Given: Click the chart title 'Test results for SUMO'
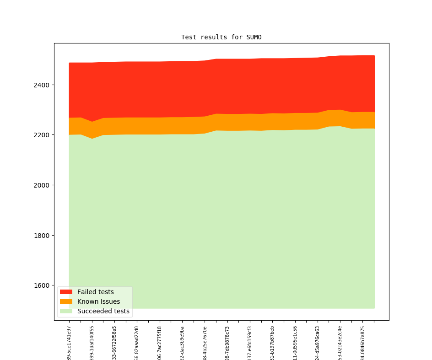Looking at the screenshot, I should click(221, 37).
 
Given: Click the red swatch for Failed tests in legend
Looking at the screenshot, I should click(66, 292).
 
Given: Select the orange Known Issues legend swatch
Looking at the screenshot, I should click(66, 301).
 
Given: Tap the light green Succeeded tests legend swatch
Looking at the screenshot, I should click(66, 312).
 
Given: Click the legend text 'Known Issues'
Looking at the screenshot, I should click(98, 301).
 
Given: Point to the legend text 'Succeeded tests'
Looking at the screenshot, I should click(103, 312).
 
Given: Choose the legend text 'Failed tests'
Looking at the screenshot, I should click(95, 292).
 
